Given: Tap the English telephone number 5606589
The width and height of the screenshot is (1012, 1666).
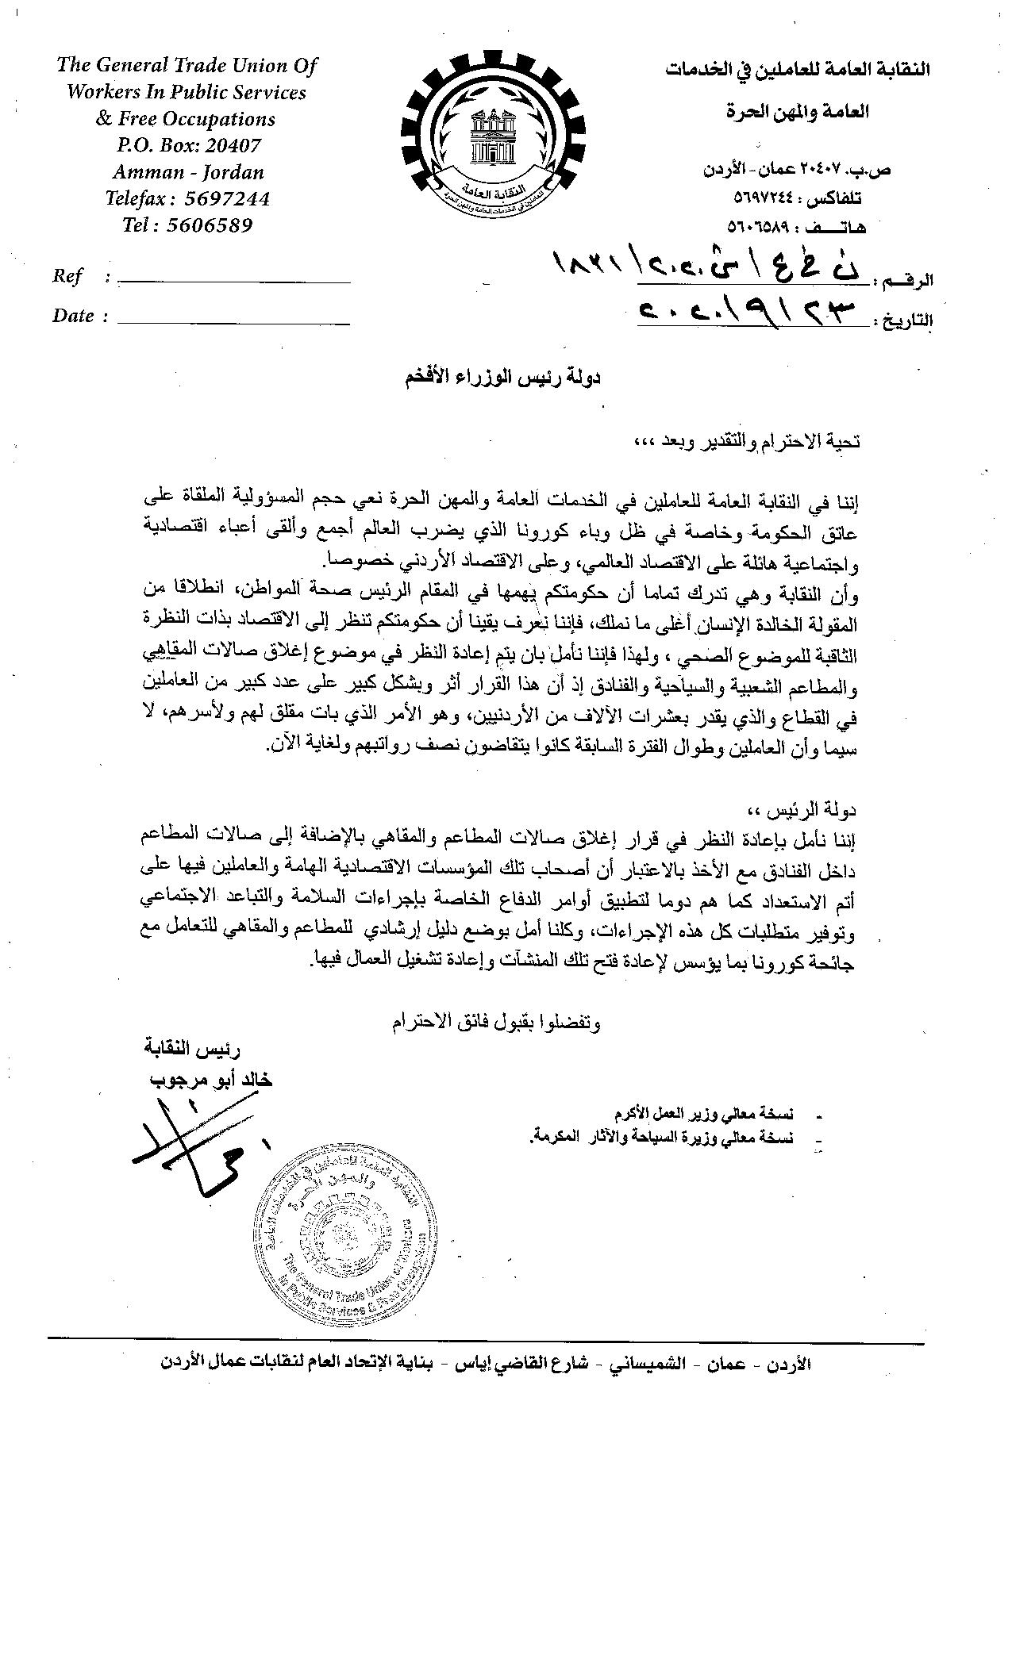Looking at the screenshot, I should click(x=210, y=225).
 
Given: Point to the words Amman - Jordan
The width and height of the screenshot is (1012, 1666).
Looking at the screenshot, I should click(x=188, y=172).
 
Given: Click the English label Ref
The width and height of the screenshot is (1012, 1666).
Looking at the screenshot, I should click(x=67, y=276).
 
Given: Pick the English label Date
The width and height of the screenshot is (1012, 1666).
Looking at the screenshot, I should click(x=74, y=316).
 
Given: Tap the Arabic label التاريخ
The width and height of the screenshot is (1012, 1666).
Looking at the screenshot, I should click(x=904, y=320).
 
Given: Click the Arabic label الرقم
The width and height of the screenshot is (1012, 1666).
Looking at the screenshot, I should click(x=906, y=281).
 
